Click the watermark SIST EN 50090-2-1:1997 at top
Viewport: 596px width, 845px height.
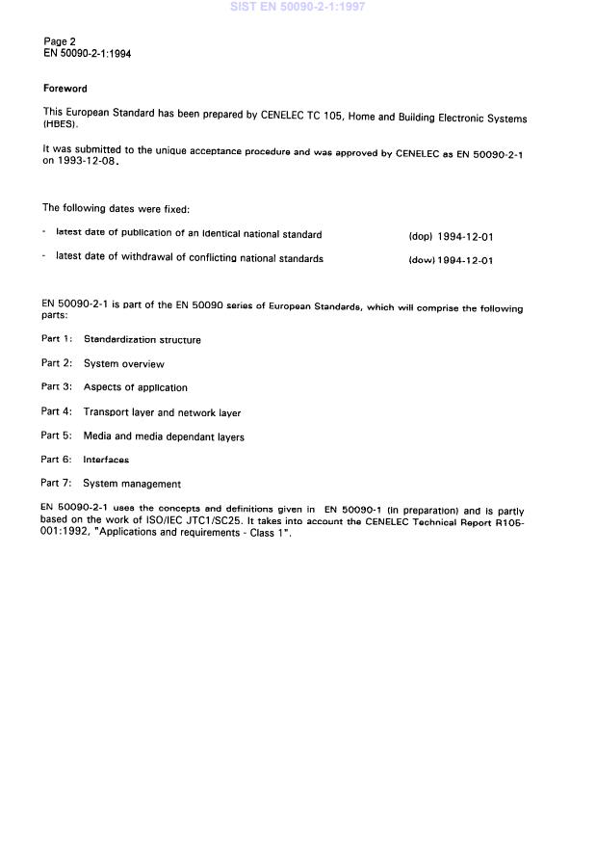click(x=298, y=7)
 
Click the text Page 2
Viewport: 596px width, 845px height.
click(x=60, y=41)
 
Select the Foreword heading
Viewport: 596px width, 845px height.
click(x=65, y=89)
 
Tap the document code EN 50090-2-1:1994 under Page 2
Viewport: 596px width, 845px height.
click(x=88, y=54)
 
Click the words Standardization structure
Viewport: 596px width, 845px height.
click(x=143, y=339)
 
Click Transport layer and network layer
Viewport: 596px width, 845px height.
click(x=162, y=412)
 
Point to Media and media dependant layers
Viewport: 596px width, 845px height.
click(x=164, y=436)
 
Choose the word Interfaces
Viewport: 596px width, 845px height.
click(x=106, y=461)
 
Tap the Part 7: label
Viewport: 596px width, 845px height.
click(x=56, y=484)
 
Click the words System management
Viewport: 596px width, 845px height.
click(x=132, y=484)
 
